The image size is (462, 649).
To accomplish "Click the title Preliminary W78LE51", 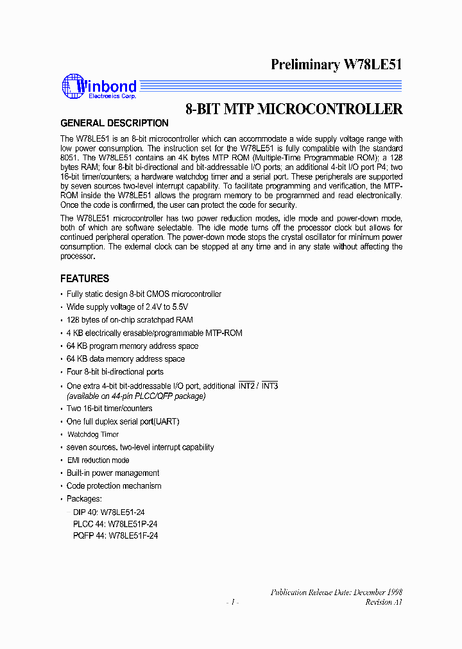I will tap(336, 64).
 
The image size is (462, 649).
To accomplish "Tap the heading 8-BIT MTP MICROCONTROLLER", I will tap(294, 109).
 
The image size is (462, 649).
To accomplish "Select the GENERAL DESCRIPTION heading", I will tap(114, 123).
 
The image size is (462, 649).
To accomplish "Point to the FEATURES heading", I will tap(85, 279).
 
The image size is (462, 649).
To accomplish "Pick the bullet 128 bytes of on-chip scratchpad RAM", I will tap(130, 320).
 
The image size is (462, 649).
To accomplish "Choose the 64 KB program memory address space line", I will tap(132, 346).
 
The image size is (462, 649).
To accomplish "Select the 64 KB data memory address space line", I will tap(126, 359).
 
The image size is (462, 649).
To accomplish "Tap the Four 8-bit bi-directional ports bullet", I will tap(115, 372).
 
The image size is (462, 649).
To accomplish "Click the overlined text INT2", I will tap(247, 386).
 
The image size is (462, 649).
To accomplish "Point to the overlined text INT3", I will tap(269, 386).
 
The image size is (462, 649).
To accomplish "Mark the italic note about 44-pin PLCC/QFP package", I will tap(136, 396).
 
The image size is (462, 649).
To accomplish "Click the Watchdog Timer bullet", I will tap(93, 435).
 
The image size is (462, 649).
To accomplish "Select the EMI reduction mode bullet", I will tap(98, 460).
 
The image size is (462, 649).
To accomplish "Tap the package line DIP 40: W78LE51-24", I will tap(110, 512).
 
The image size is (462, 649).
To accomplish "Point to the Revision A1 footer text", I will tap(384, 603).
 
